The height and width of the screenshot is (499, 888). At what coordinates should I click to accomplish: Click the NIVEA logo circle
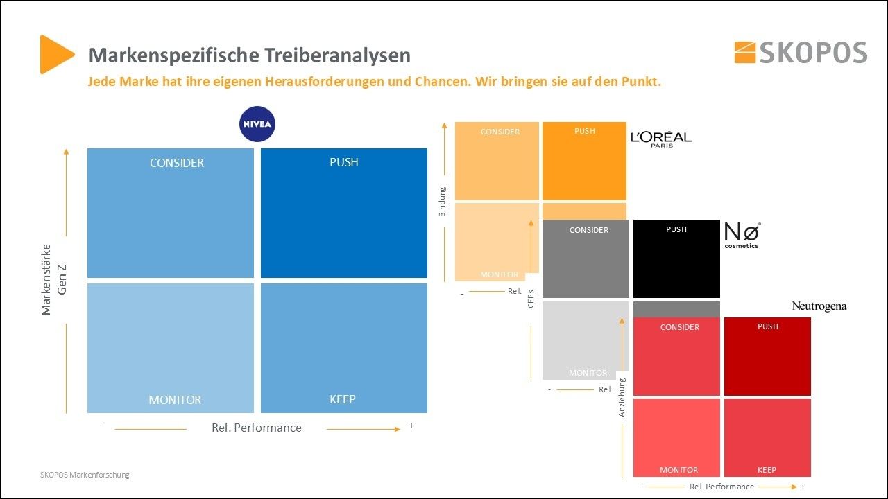[x=257, y=125]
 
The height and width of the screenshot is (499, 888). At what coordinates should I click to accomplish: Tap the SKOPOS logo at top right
[x=801, y=53]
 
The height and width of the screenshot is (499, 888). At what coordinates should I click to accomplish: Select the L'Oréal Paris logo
[x=661, y=139]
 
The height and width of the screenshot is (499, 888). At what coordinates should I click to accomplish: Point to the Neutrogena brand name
[x=819, y=306]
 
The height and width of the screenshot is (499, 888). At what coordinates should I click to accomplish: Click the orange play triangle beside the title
[x=56, y=54]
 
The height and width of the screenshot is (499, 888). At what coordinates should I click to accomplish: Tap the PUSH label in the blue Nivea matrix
[x=344, y=162]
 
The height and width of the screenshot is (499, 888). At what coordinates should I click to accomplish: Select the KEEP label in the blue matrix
[x=343, y=399]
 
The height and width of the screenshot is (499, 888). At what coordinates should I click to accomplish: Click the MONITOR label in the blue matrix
[x=175, y=400]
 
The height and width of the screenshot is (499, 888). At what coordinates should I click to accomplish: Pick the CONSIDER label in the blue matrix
[x=177, y=163]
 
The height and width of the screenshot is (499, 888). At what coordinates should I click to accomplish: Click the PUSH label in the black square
[x=676, y=229]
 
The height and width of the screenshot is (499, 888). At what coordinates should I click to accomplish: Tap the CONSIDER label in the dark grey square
[x=589, y=230]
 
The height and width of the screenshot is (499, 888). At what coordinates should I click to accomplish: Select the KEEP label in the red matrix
[x=767, y=470]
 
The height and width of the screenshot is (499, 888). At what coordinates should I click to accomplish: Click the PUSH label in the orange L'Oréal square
[x=585, y=131]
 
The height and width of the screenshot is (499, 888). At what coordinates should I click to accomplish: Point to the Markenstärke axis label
[x=46, y=279]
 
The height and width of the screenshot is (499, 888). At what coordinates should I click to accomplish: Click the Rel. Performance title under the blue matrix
[x=257, y=428]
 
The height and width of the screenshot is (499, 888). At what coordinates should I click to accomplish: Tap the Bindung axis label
[x=443, y=202]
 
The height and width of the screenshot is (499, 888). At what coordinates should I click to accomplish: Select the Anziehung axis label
[x=622, y=397]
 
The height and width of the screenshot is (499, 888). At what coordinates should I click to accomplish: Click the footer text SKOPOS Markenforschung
[x=85, y=475]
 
